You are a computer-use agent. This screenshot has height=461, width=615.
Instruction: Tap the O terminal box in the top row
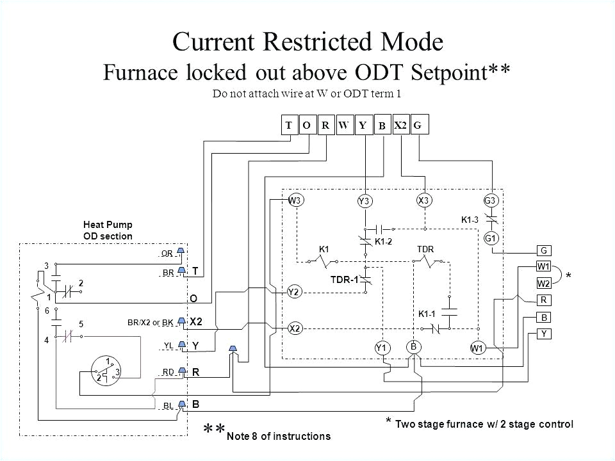pos(307,126)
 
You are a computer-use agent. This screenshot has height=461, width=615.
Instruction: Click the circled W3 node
pos(295,200)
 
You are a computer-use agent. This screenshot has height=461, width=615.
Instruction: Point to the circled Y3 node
pos(365,201)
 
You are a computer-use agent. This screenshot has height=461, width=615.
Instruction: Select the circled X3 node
pos(423,200)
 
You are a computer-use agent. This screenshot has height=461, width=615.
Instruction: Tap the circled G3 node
pos(491,200)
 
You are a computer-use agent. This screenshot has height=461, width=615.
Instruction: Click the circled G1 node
pos(491,239)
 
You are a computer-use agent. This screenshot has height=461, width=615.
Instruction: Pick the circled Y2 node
pos(295,291)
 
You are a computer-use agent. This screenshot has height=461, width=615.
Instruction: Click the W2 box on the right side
pos(543,282)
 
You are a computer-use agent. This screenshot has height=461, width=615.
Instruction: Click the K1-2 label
pos(384,241)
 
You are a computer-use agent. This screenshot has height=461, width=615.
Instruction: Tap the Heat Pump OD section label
pos(107,230)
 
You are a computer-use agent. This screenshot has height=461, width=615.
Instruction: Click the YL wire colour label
pos(168,345)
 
